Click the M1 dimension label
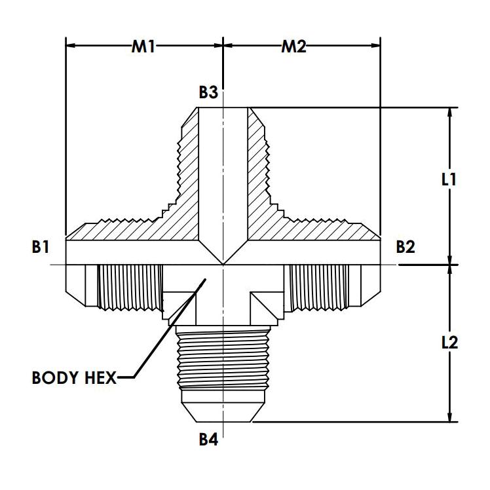(x=143, y=47)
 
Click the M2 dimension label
(x=293, y=47)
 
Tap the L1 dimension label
(x=449, y=180)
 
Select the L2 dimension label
(x=449, y=343)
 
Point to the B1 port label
(x=41, y=247)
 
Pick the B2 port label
(x=405, y=247)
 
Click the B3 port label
(x=208, y=92)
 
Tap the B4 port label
(x=208, y=440)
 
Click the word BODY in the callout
(x=54, y=378)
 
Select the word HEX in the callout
(x=100, y=378)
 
